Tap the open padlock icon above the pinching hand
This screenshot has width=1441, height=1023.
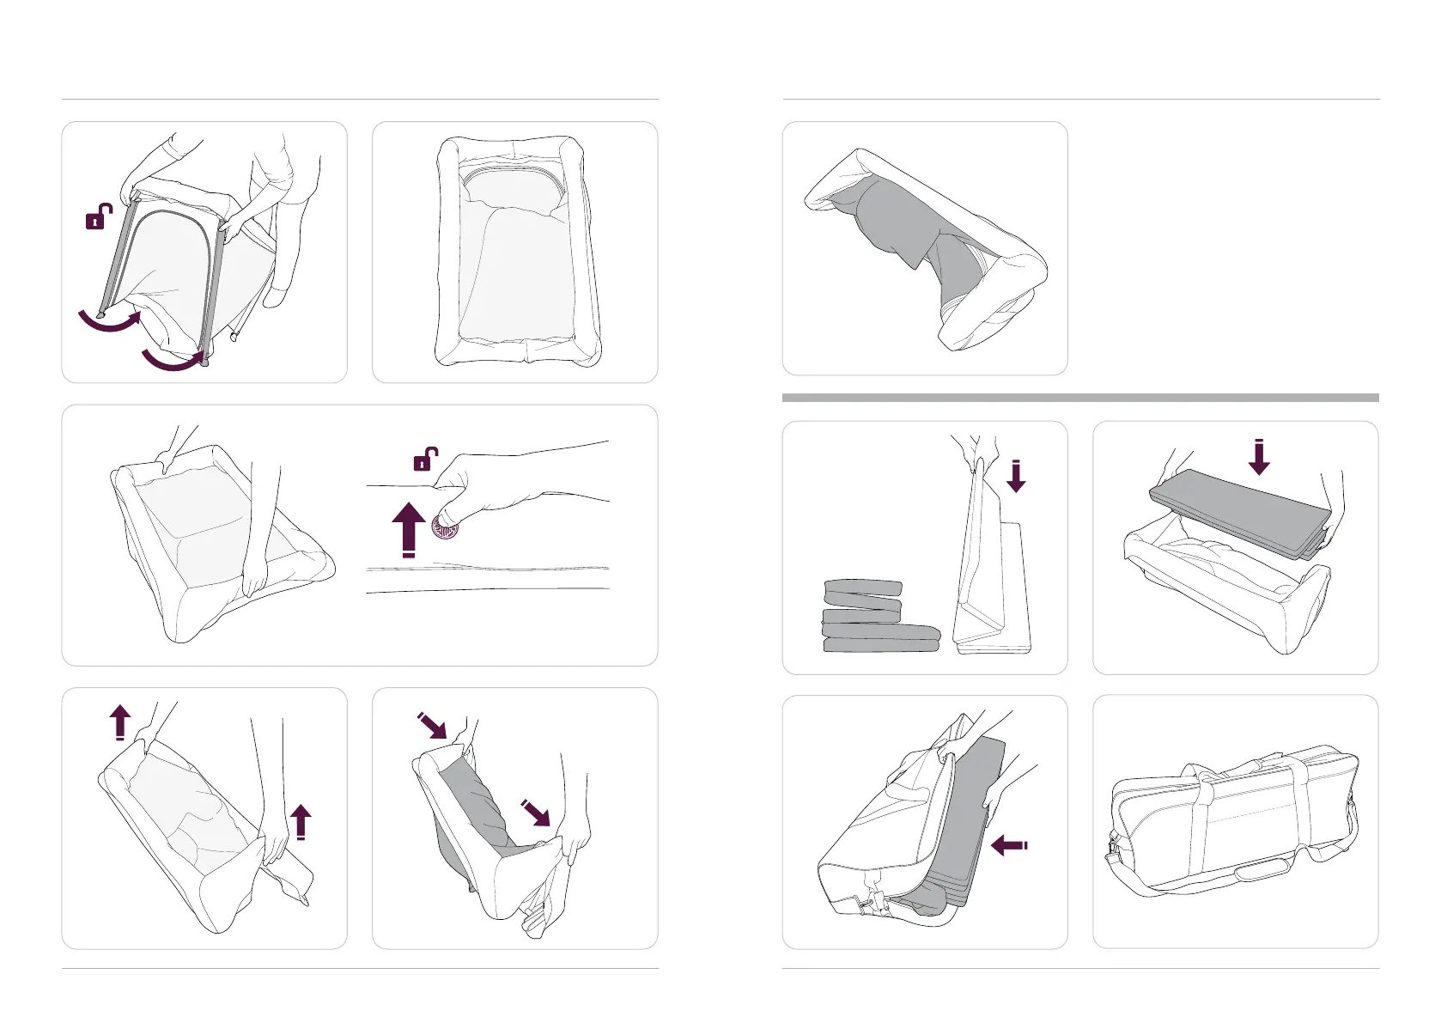pos(426,459)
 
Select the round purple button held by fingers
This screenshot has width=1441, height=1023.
pos(445,527)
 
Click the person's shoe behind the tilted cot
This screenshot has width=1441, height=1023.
pos(277,295)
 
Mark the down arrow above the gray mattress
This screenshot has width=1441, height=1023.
pos(1259,457)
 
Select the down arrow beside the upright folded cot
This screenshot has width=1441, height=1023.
pos(1016,477)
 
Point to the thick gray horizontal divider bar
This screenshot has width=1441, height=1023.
pos(1080,398)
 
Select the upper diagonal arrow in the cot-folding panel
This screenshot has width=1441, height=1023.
pos(432,726)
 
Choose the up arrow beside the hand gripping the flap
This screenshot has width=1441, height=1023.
pos(301,821)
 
